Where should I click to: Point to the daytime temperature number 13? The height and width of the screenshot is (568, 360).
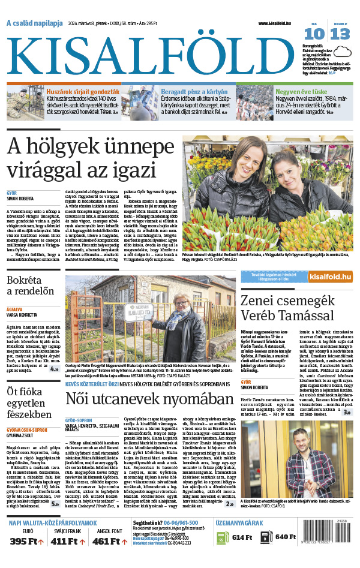[340, 34]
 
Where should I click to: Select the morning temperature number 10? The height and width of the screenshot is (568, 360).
[317, 34]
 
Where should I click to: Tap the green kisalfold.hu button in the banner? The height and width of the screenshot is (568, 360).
[329, 276]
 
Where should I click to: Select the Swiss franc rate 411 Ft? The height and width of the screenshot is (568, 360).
[67, 542]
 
